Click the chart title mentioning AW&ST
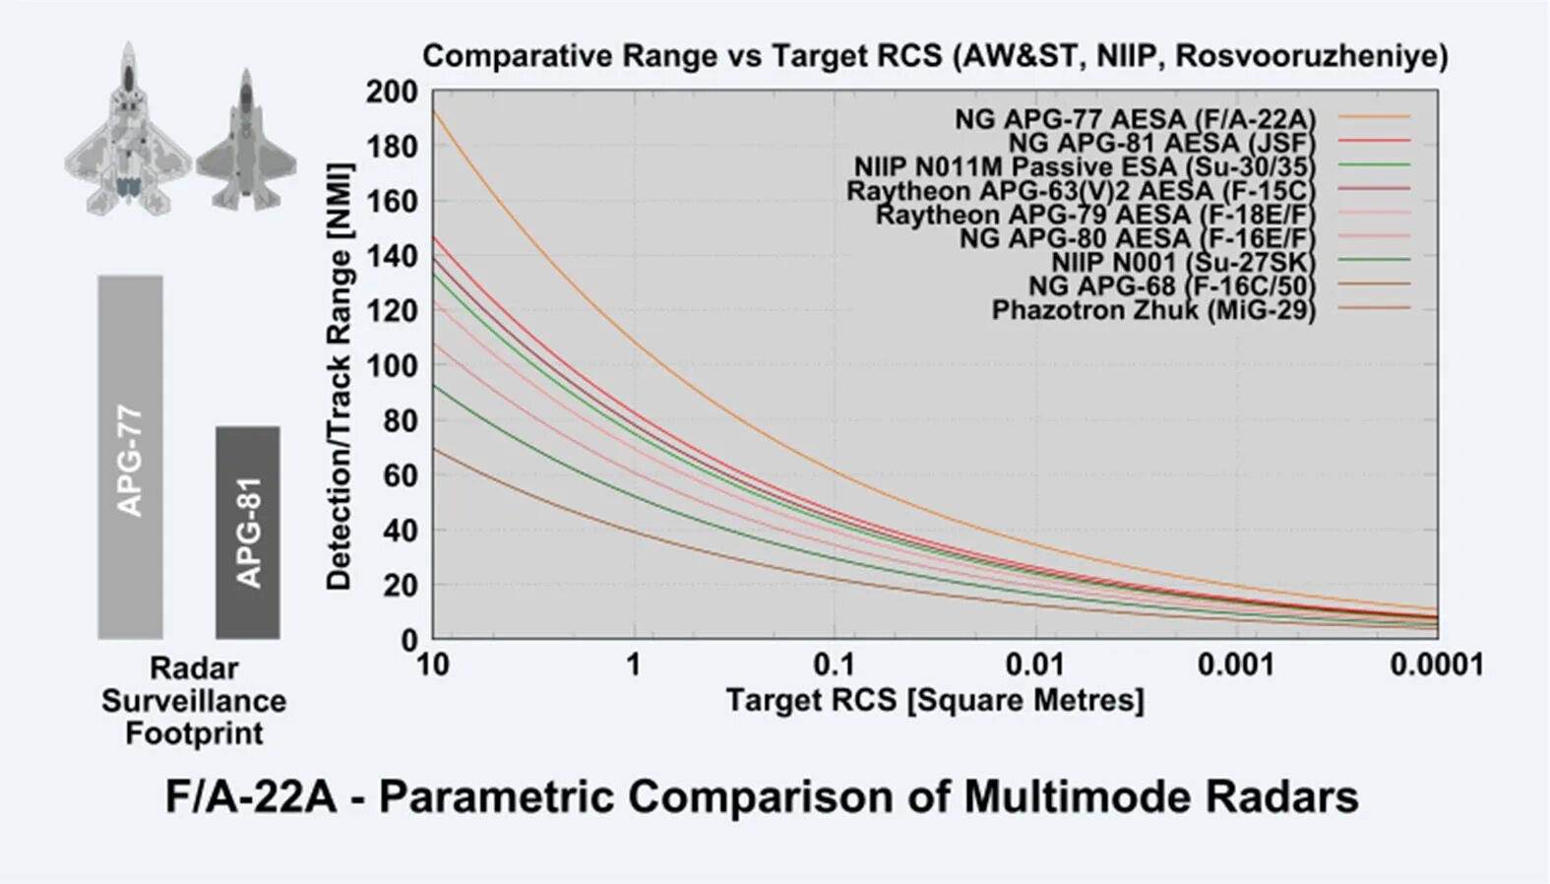(x=935, y=56)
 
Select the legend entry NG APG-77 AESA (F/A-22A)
(x=1135, y=119)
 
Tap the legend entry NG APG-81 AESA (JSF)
(x=1161, y=144)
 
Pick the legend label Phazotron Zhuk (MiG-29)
(x=1152, y=310)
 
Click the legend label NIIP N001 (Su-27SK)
(x=1183, y=263)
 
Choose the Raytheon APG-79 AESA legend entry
(x=1095, y=215)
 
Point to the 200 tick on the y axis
(x=392, y=92)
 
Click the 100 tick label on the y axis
(x=392, y=365)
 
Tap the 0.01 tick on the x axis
(x=1034, y=665)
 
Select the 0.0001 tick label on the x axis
(x=1436, y=665)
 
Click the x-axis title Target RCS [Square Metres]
(x=935, y=701)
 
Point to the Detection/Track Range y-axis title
(x=339, y=376)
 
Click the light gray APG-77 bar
(x=130, y=458)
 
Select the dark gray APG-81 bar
(x=247, y=533)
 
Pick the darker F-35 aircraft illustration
(x=246, y=141)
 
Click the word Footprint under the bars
(x=194, y=733)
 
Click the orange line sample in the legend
(x=1374, y=117)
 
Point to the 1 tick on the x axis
(x=634, y=665)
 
